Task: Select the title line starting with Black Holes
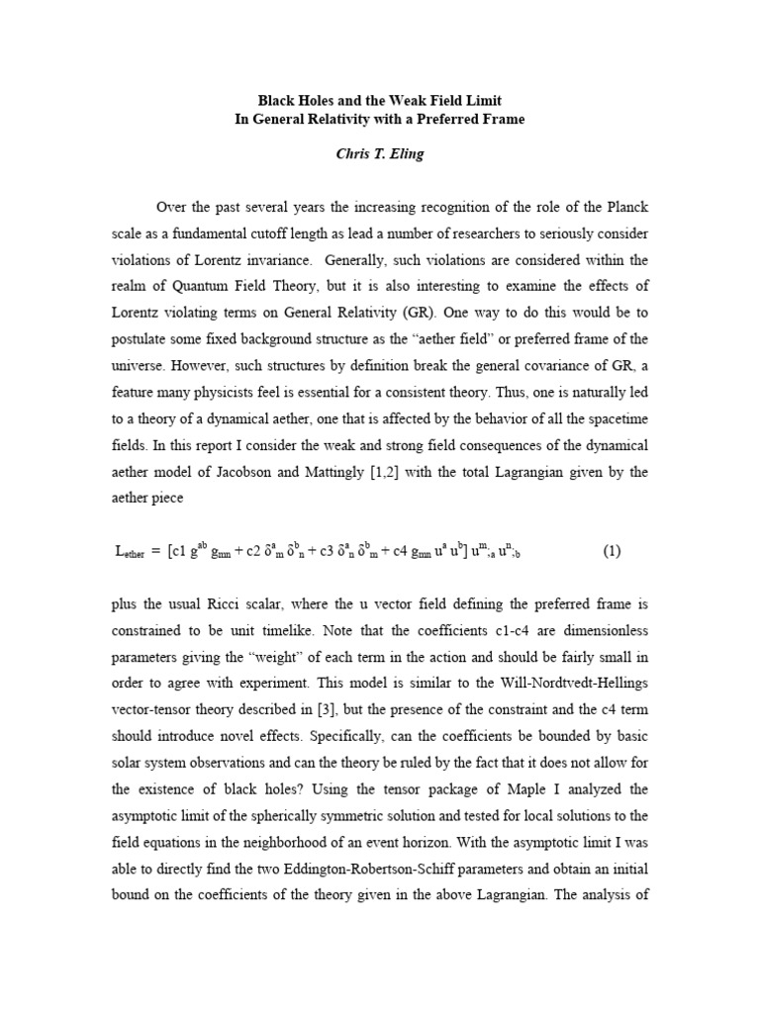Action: pyautogui.click(x=379, y=101)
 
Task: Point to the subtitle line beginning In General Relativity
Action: pyautogui.click(x=379, y=120)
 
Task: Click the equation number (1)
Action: pyautogui.click(x=613, y=551)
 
